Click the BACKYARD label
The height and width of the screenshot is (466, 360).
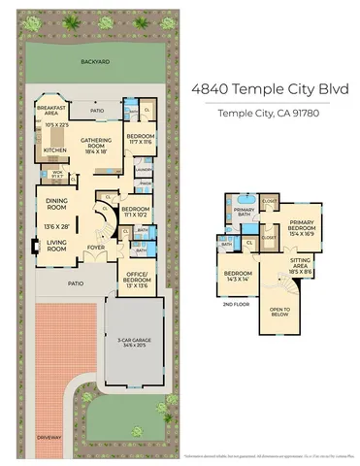(94, 61)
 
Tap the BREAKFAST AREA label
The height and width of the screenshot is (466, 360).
(50, 110)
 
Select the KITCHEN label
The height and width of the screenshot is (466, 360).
(53, 150)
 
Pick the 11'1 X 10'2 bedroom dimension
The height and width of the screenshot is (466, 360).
(135, 216)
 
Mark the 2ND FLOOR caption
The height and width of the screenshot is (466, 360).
(232, 303)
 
